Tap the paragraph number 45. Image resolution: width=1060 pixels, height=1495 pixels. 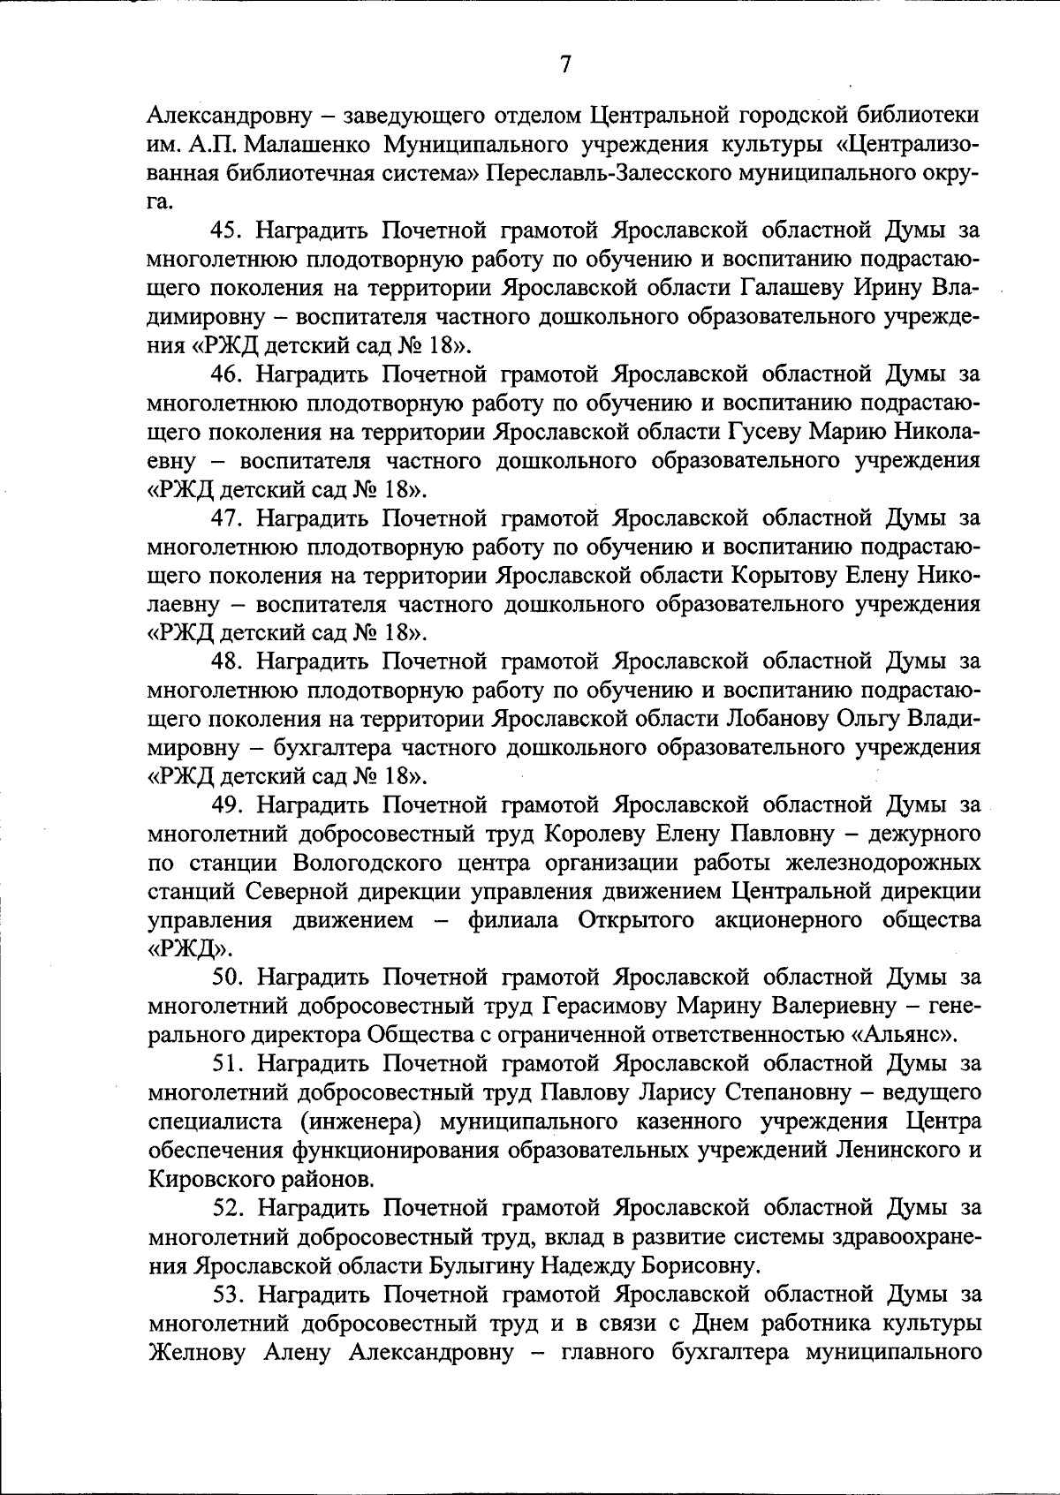click(x=227, y=230)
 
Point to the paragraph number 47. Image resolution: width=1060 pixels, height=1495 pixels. click(x=227, y=518)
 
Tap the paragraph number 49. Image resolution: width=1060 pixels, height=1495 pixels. click(x=227, y=805)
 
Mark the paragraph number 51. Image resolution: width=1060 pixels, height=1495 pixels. click(x=227, y=1064)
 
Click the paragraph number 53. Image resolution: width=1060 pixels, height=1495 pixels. click(x=227, y=1295)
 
